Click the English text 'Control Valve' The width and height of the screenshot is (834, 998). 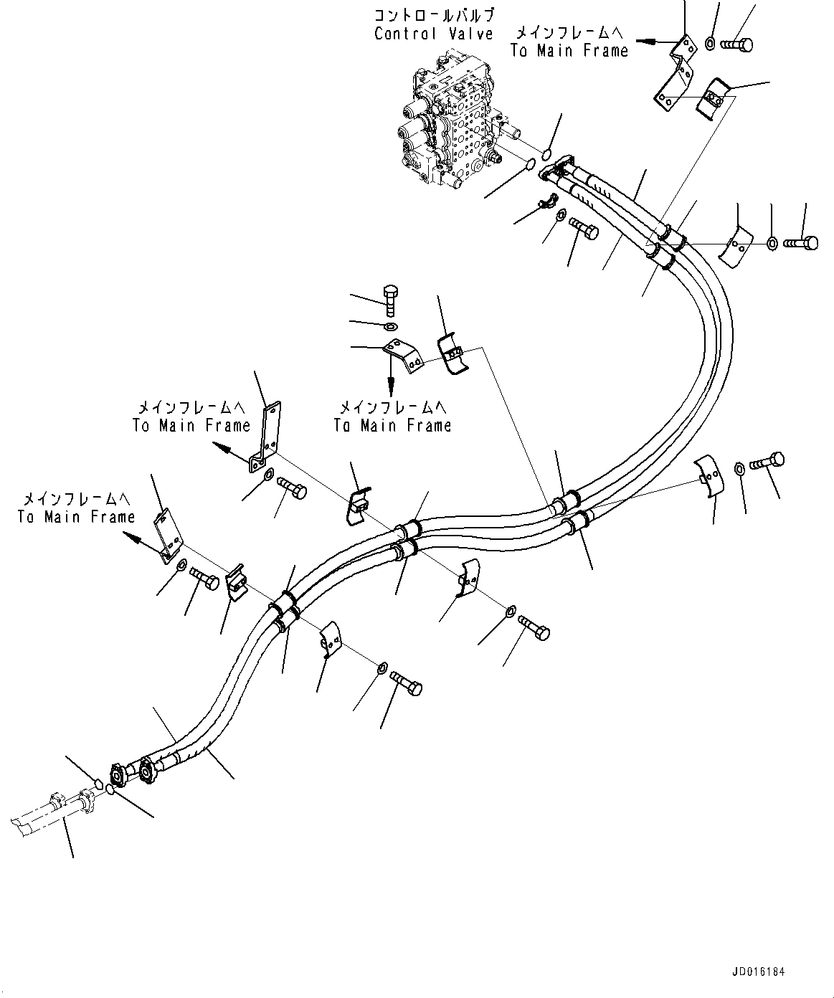coord(434,34)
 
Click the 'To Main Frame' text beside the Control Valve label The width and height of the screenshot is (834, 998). coord(569,50)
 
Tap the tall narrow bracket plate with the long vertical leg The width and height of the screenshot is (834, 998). coord(265,439)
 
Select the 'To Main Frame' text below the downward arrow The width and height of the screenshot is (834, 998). coord(392,425)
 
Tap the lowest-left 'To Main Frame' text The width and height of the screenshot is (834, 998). coord(76,517)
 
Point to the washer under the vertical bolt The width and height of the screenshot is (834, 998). coord(391,327)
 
